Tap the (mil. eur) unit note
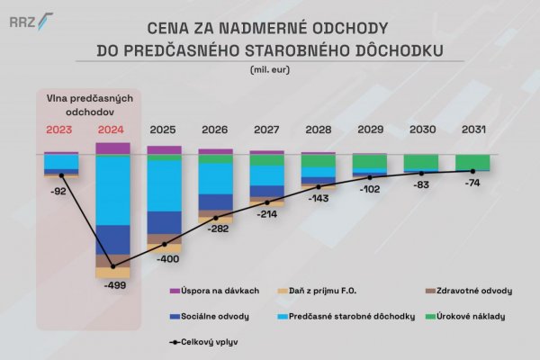coord(269,69)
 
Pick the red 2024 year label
coord(112,130)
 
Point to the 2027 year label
coord(266,130)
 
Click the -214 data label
coord(266,216)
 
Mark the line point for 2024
coord(112,267)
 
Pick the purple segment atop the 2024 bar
coord(112,148)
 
